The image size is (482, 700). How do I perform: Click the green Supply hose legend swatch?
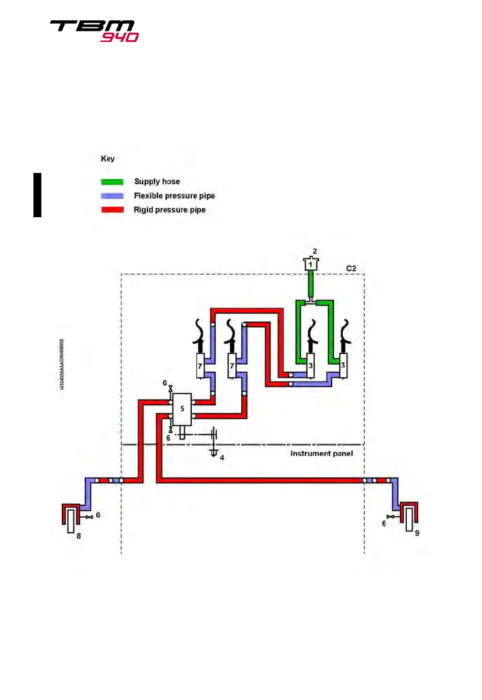[x=113, y=182]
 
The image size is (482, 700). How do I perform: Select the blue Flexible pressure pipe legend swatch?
[x=113, y=196]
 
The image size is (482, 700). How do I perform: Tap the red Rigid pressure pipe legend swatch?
[x=113, y=210]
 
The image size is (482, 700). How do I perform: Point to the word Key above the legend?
[x=108, y=158]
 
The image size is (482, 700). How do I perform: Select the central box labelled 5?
[x=182, y=409]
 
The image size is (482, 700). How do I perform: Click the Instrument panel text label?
[x=321, y=452]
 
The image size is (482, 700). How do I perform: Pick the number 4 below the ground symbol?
[x=221, y=458]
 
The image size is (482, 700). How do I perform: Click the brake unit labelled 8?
[x=72, y=520]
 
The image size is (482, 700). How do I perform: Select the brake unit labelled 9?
[x=410, y=519]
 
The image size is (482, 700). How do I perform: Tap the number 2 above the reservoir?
[x=315, y=252]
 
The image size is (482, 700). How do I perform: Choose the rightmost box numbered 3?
[x=343, y=365]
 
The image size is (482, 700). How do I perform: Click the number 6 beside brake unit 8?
[x=98, y=515]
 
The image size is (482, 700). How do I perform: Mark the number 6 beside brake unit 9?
[x=384, y=524]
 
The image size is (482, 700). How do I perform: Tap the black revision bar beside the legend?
[x=37, y=195]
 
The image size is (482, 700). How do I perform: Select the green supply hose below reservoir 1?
[x=311, y=285]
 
